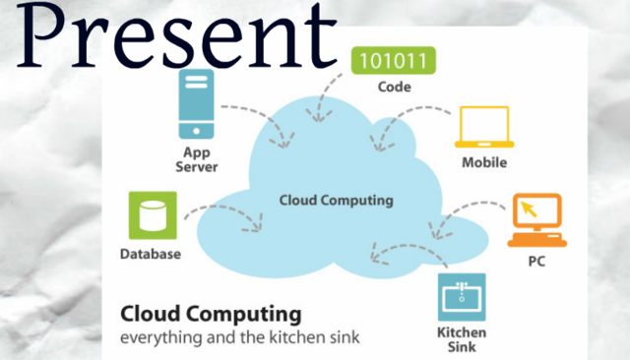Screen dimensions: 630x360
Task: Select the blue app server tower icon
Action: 195,107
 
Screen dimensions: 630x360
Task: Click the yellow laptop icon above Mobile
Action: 482,129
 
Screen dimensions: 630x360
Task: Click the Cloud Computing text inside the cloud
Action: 336,201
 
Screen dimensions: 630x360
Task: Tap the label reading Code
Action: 393,87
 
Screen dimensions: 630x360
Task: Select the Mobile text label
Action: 484,162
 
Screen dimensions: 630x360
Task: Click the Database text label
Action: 151,254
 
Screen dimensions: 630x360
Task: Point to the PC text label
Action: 536,262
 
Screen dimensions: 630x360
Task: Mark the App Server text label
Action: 196,159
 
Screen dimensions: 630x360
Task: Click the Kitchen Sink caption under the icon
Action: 461,339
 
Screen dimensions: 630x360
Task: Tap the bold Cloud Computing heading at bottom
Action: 210,315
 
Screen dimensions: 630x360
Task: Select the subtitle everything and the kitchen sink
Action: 240,338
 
